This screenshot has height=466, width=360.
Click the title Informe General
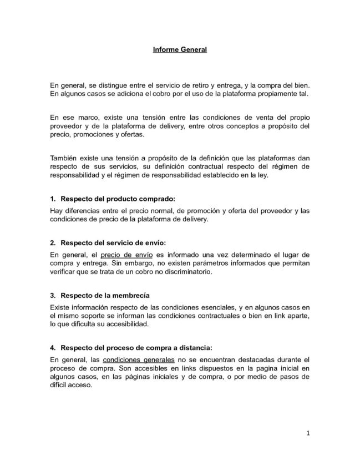click(x=180, y=50)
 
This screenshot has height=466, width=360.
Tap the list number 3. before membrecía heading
click(x=53, y=295)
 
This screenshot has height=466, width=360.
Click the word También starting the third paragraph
click(x=64, y=158)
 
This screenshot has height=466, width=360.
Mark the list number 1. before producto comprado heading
click(x=53, y=198)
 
